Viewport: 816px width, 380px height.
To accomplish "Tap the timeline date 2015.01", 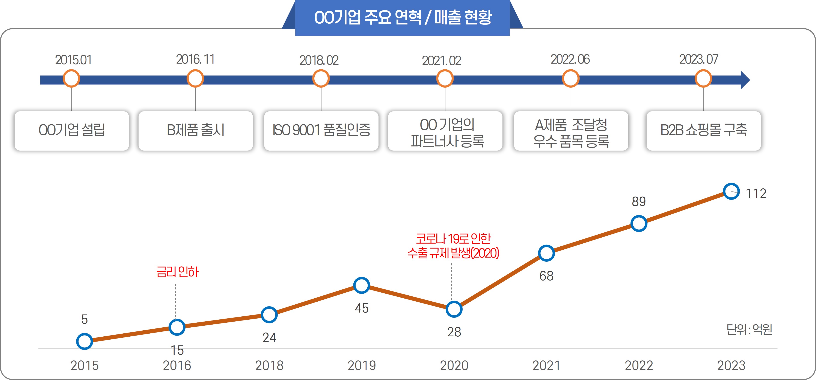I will click(73, 60).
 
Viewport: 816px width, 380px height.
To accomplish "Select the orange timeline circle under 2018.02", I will click(321, 79).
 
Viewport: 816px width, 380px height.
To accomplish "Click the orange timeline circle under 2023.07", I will click(703, 79).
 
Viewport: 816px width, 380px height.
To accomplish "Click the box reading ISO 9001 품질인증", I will click(321, 130).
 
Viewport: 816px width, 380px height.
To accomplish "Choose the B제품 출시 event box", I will click(195, 130).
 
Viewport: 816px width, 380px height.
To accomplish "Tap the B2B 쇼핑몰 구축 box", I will click(704, 130).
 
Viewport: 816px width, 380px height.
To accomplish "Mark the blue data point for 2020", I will click(454, 309).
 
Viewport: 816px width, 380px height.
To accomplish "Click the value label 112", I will click(756, 194).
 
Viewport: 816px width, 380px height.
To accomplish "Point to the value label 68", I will click(546, 276).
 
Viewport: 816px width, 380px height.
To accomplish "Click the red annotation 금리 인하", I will click(177, 272).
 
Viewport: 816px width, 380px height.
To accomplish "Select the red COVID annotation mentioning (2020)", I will click(453, 246).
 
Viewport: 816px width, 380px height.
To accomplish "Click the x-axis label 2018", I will click(269, 365).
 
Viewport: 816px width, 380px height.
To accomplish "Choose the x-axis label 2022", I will click(639, 365).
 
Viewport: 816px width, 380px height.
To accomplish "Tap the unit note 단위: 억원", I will click(749, 330).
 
